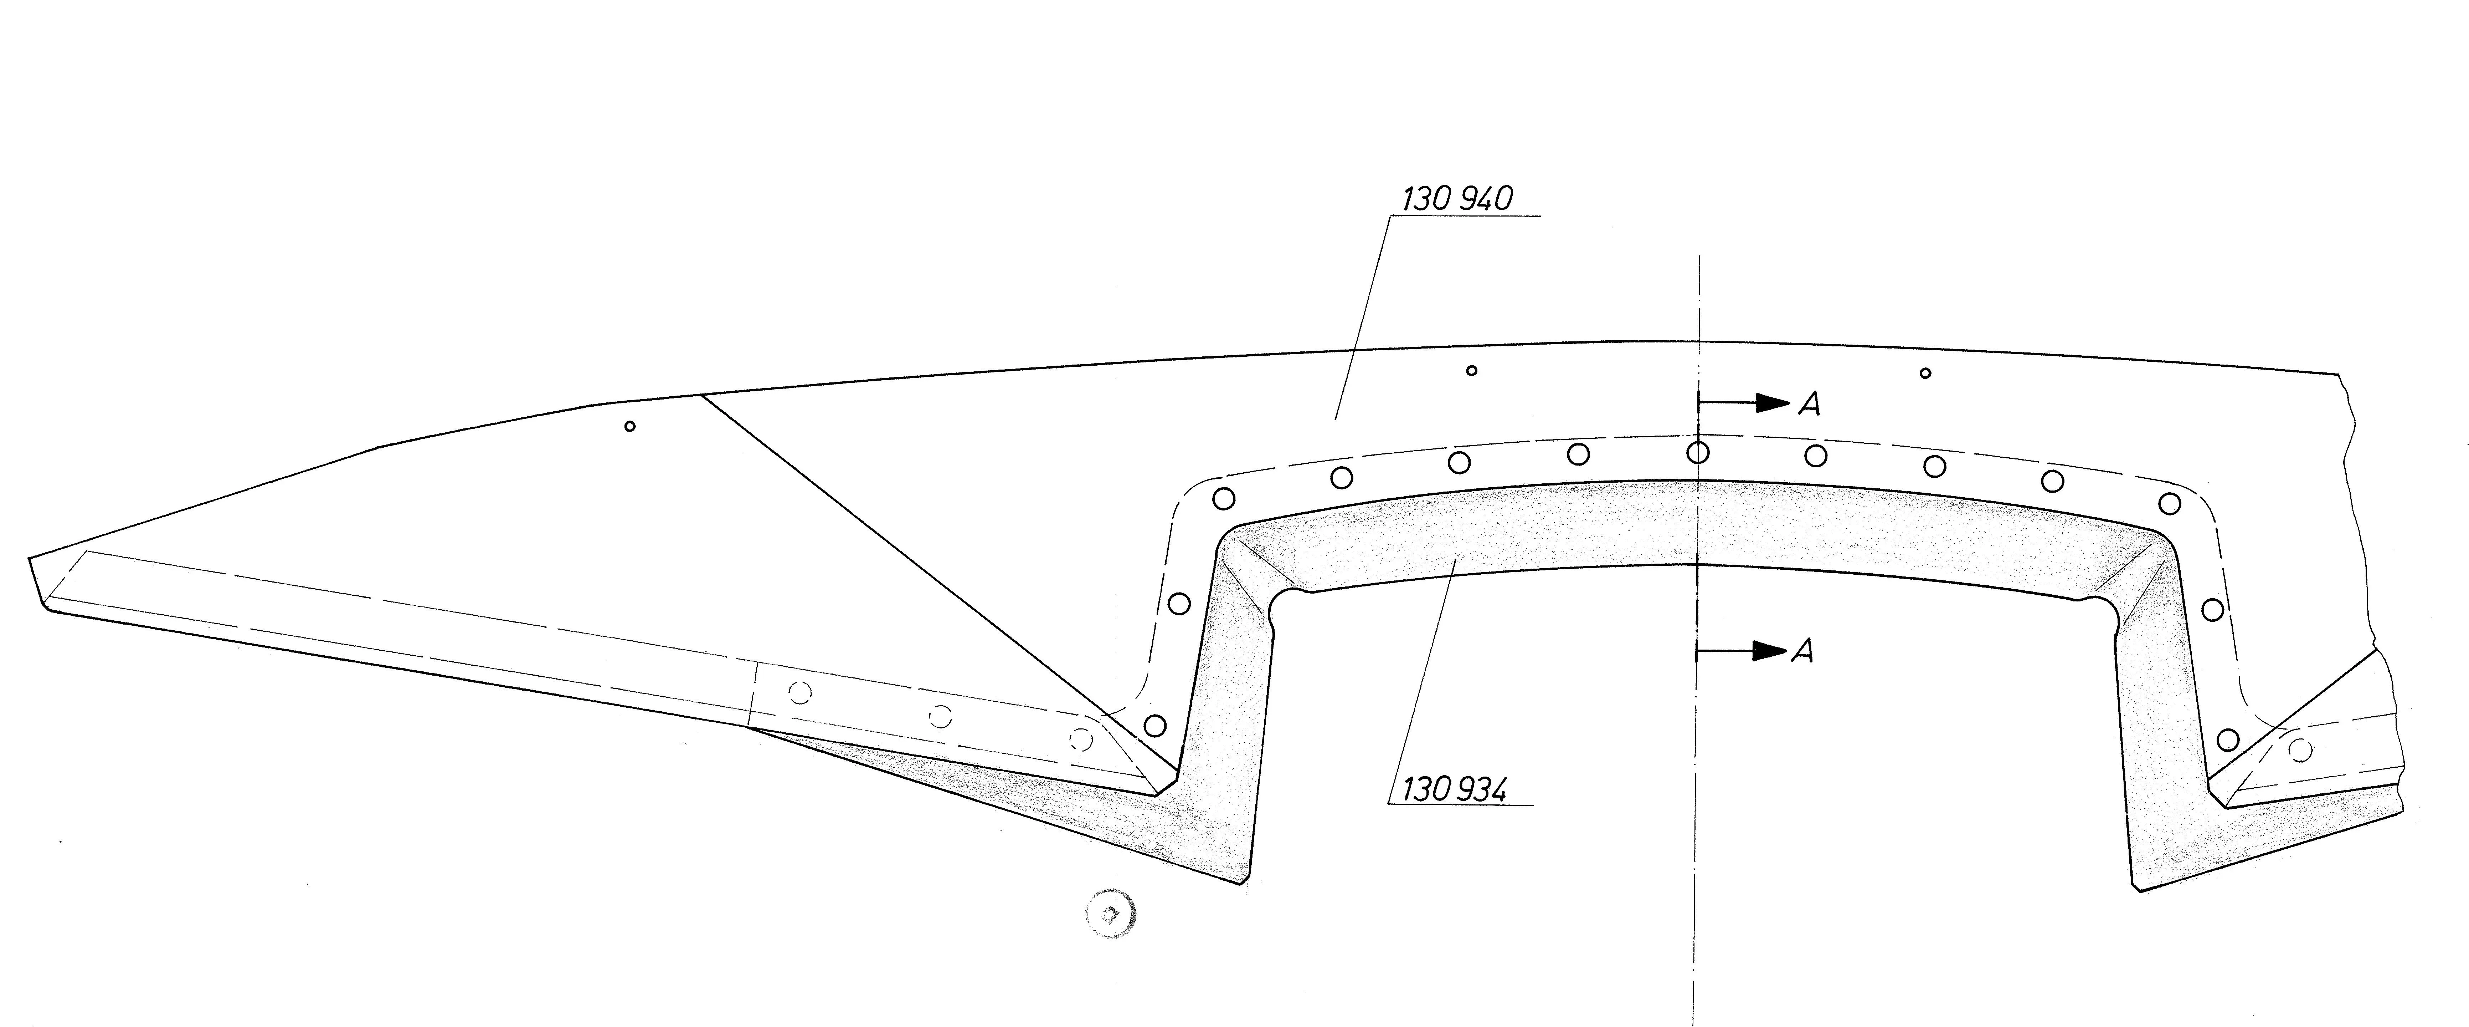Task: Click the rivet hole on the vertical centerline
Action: [1697, 452]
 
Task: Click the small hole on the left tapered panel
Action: [630, 426]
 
